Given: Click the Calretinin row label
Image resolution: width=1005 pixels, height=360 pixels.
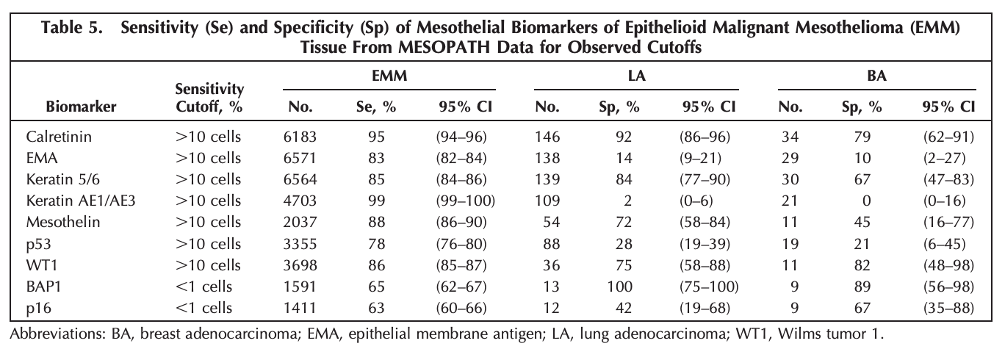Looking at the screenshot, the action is pyautogui.click(x=59, y=137).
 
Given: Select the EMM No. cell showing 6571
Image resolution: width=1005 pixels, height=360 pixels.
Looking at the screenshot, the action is pyautogui.click(x=300, y=158).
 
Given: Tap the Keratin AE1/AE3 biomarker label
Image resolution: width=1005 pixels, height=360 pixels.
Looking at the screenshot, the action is pyautogui.click(x=81, y=201).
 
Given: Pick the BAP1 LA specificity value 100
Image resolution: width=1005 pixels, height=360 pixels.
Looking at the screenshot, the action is pyautogui.click(x=619, y=287).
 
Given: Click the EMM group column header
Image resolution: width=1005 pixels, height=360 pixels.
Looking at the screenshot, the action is pyautogui.click(x=389, y=76).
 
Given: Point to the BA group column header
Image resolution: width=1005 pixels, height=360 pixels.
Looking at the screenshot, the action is pyautogui.click(x=876, y=76).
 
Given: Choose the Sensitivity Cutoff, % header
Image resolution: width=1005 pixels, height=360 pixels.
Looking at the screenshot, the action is pyautogui.click(x=209, y=98).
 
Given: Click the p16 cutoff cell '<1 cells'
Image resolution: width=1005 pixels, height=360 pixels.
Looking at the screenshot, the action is pyautogui.click(x=203, y=308).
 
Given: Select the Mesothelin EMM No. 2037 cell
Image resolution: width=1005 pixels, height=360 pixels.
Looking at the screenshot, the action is pyautogui.click(x=300, y=222).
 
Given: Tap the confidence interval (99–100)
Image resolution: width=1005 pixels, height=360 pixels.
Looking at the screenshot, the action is pyautogui.click(x=465, y=201).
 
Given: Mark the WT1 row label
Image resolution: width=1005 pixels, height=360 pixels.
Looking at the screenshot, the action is pyautogui.click(x=42, y=265).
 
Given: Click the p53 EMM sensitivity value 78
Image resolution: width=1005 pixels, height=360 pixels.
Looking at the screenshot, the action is pyautogui.click(x=376, y=244).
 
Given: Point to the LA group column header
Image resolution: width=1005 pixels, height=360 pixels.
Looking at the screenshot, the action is pyautogui.click(x=636, y=76).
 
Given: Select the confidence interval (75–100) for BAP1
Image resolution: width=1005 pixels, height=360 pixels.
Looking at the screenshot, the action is pyautogui.click(x=709, y=287).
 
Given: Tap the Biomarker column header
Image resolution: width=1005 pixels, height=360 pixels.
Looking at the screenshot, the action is pyautogui.click(x=82, y=107).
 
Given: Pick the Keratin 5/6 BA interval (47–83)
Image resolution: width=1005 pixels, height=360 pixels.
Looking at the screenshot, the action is pyautogui.click(x=948, y=179).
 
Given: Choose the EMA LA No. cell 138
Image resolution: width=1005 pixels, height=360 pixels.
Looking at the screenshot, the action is pyautogui.click(x=547, y=158).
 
